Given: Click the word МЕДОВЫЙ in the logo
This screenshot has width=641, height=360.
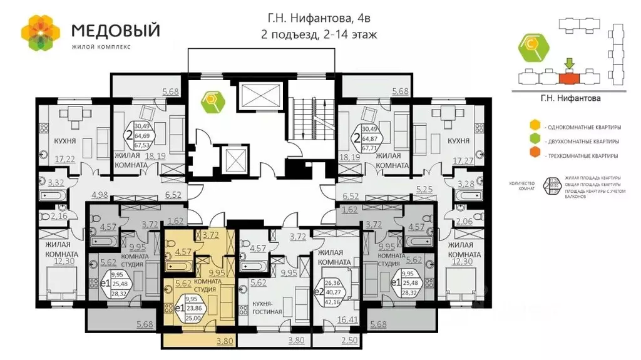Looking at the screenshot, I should pyautogui.click(x=115, y=29).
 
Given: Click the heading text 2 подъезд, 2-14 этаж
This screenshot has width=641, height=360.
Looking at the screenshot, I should pyautogui.click(x=319, y=34).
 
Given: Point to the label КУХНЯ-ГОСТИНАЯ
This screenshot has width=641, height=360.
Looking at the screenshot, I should pyautogui.click(x=267, y=307).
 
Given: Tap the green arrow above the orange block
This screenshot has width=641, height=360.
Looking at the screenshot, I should pyautogui.click(x=568, y=64).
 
